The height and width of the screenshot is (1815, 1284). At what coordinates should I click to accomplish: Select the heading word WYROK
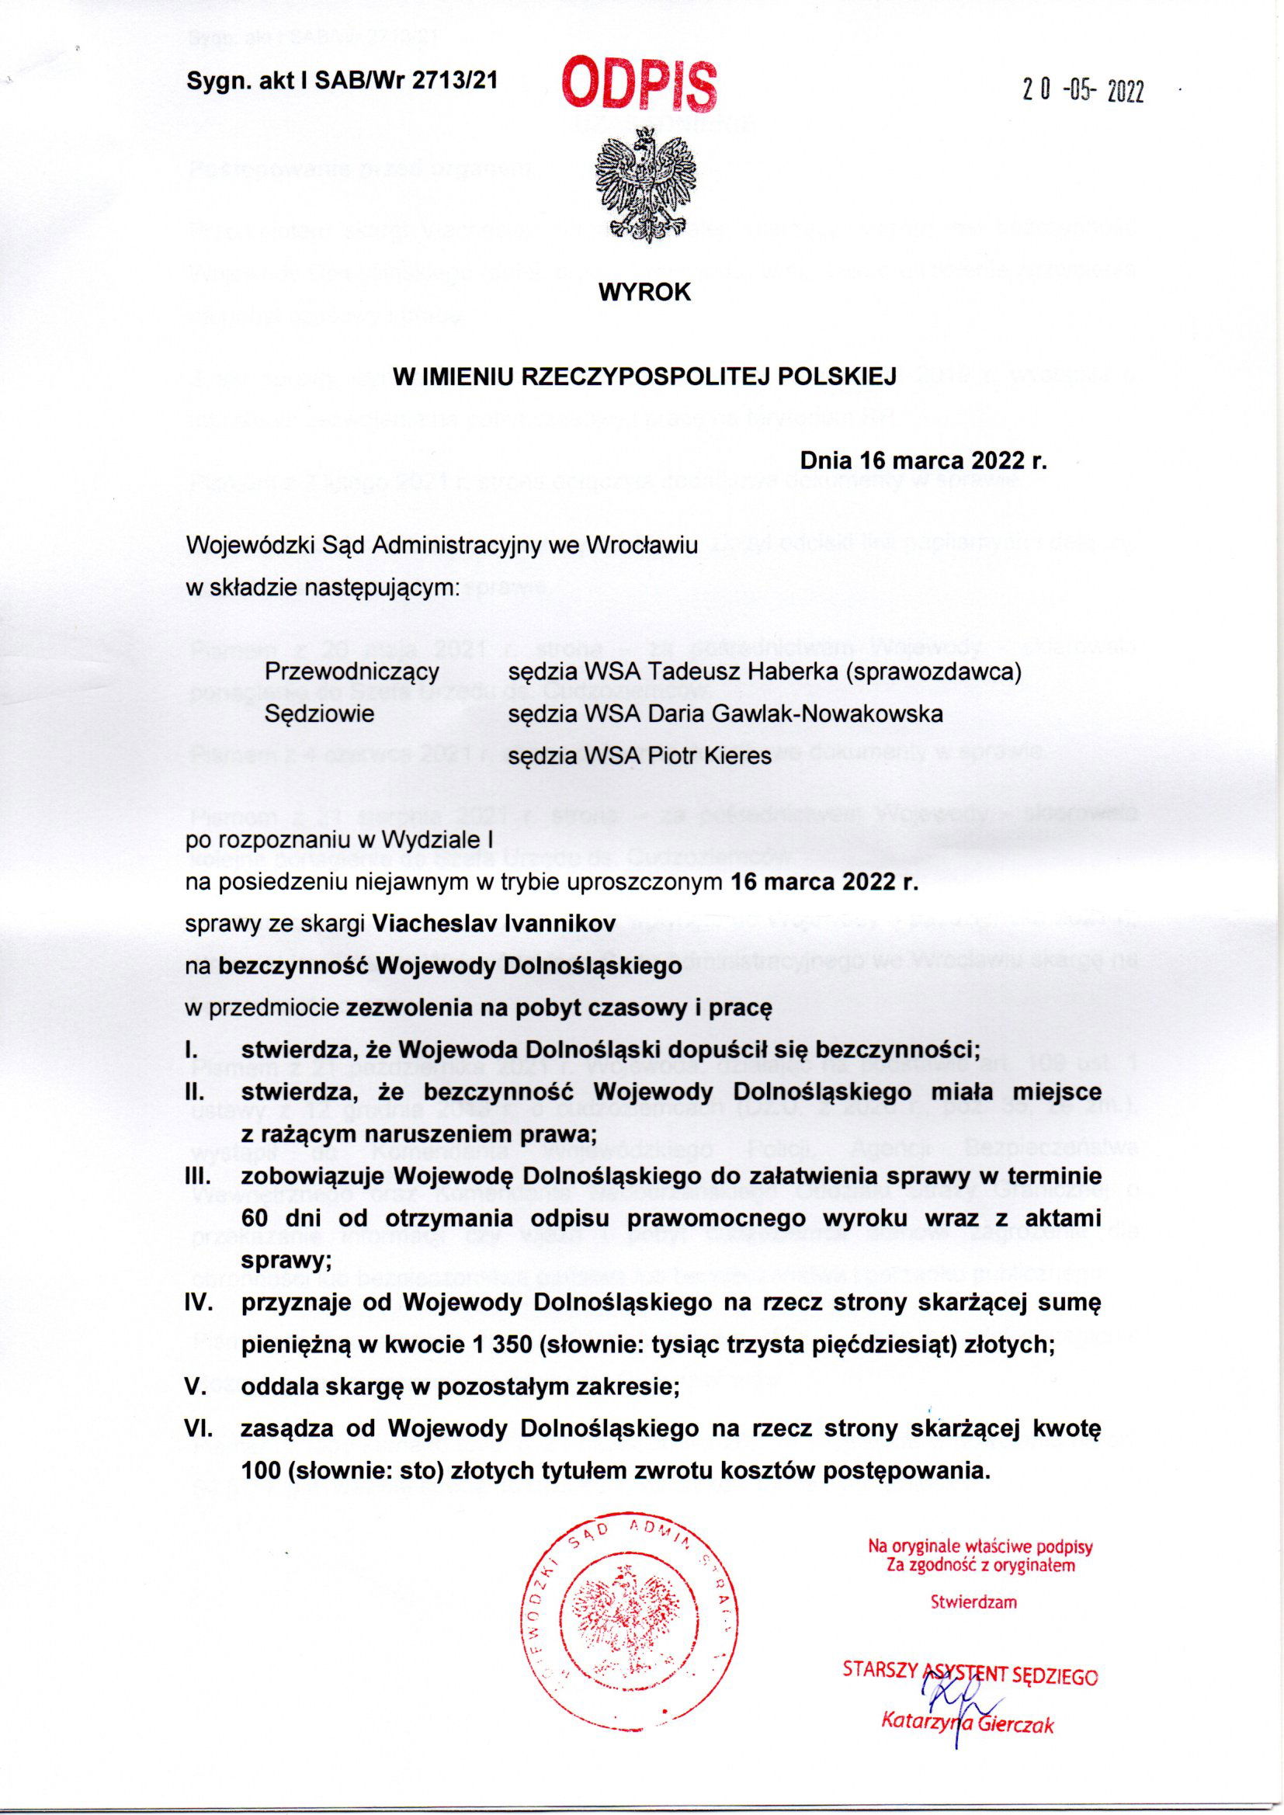645,293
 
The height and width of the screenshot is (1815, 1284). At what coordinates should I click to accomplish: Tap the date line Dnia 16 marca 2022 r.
924,460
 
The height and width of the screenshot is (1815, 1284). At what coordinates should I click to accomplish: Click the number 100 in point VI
261,1472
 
